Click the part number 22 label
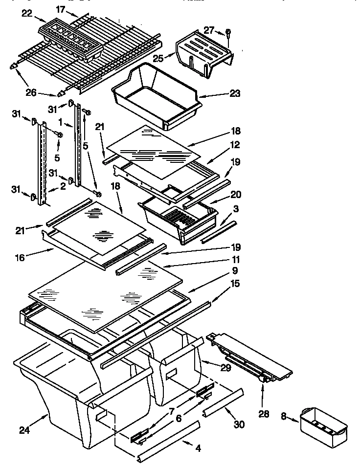(x=26, y=14)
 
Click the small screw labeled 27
(x=229, y=34)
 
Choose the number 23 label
(x=235, y=93)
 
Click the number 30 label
(x=240, y=425)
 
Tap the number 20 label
(x=235, y=194)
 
